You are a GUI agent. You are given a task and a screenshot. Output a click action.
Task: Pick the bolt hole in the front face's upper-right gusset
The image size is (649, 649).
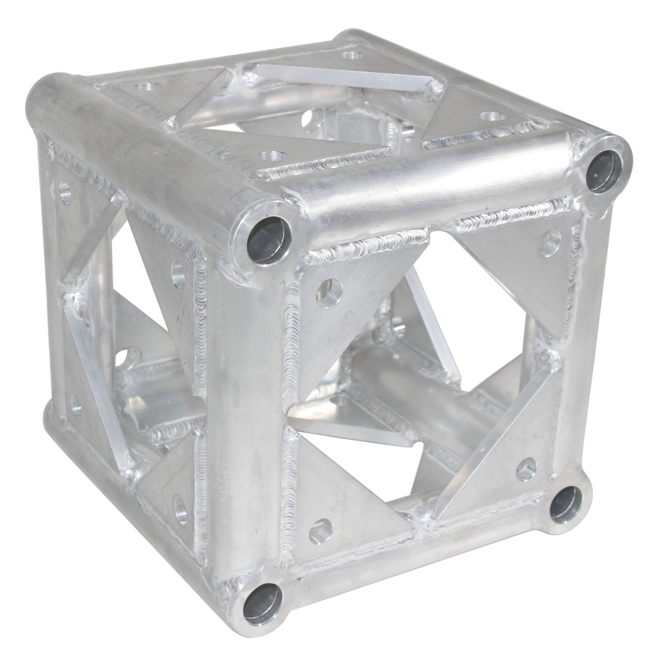coord(552,240)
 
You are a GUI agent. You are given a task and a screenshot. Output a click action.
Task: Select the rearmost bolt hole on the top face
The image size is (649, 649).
coord(352,55)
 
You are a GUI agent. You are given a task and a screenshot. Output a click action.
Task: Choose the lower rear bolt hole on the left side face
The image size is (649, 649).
coord(76,404)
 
